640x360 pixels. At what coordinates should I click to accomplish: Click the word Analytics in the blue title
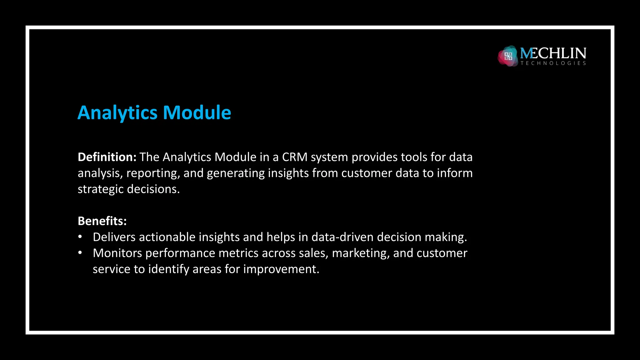pyautogui.click(x=117, y=113)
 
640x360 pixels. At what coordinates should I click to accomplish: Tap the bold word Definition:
pyautogui.click(x=107, y=157)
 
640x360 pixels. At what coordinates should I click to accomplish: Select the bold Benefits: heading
pyautogui.click(x=102, y=221)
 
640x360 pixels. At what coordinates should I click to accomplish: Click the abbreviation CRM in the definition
pyautogui.click(x=295, y=157)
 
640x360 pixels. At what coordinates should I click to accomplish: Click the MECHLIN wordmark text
pyautogui.click(x=553, y=53)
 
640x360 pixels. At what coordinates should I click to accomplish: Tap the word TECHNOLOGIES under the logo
pyautogui.click(x=553, y=63)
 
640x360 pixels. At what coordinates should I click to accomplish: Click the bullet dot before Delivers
pyautogui.click(x=80, y=237)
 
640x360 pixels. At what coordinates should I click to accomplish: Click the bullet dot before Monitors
pyautogui.click(x=80, y=252)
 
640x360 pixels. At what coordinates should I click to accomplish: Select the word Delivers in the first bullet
pyautogui.click(x=114, y=237)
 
